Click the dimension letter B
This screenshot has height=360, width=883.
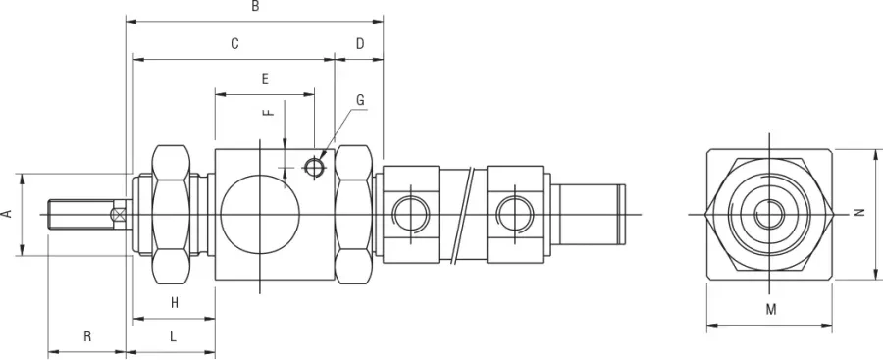255,7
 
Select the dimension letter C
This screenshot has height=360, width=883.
234,44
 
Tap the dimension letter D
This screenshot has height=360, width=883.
360,44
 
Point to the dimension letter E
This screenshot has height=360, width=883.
265,78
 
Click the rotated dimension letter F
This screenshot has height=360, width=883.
269,112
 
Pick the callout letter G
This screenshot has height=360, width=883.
360,100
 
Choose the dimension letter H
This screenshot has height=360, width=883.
175,303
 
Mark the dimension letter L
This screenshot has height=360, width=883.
173,336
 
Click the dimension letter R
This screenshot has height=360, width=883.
87,336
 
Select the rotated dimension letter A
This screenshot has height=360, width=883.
7,214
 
